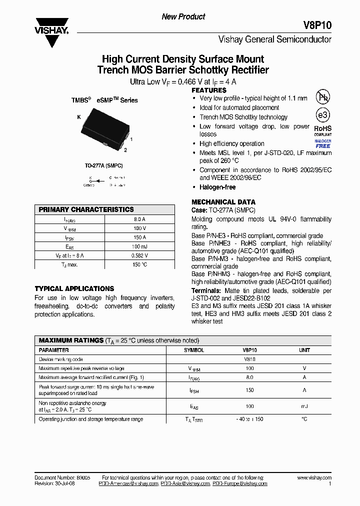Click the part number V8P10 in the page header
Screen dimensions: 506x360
click(x=317, y=25)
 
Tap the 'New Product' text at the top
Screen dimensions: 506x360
click(x=183, y=16)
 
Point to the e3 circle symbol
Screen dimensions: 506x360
click(x=322, y=115)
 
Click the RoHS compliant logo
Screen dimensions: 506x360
click(x=322, y=130)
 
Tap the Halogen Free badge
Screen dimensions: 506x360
click(x=322, y=143)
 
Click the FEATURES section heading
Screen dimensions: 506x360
click(x=209, y=90)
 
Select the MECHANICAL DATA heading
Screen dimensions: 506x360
click(x=223, y=202)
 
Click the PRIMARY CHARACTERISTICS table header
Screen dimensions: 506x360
click(x=86, y=209)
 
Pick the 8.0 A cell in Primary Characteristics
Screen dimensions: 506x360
click(x=139, y=219)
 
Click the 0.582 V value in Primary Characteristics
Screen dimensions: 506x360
click(x=139, y=255)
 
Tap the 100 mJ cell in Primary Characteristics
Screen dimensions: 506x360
click(x=139, y=246)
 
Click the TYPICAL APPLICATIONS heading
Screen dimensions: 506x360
click(x=74, y=288)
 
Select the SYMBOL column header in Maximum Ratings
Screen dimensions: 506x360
click(x=194, y=350)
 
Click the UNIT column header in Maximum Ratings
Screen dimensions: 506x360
click(x=304, y=350)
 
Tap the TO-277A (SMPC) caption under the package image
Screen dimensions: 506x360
click(x=103, y=165)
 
